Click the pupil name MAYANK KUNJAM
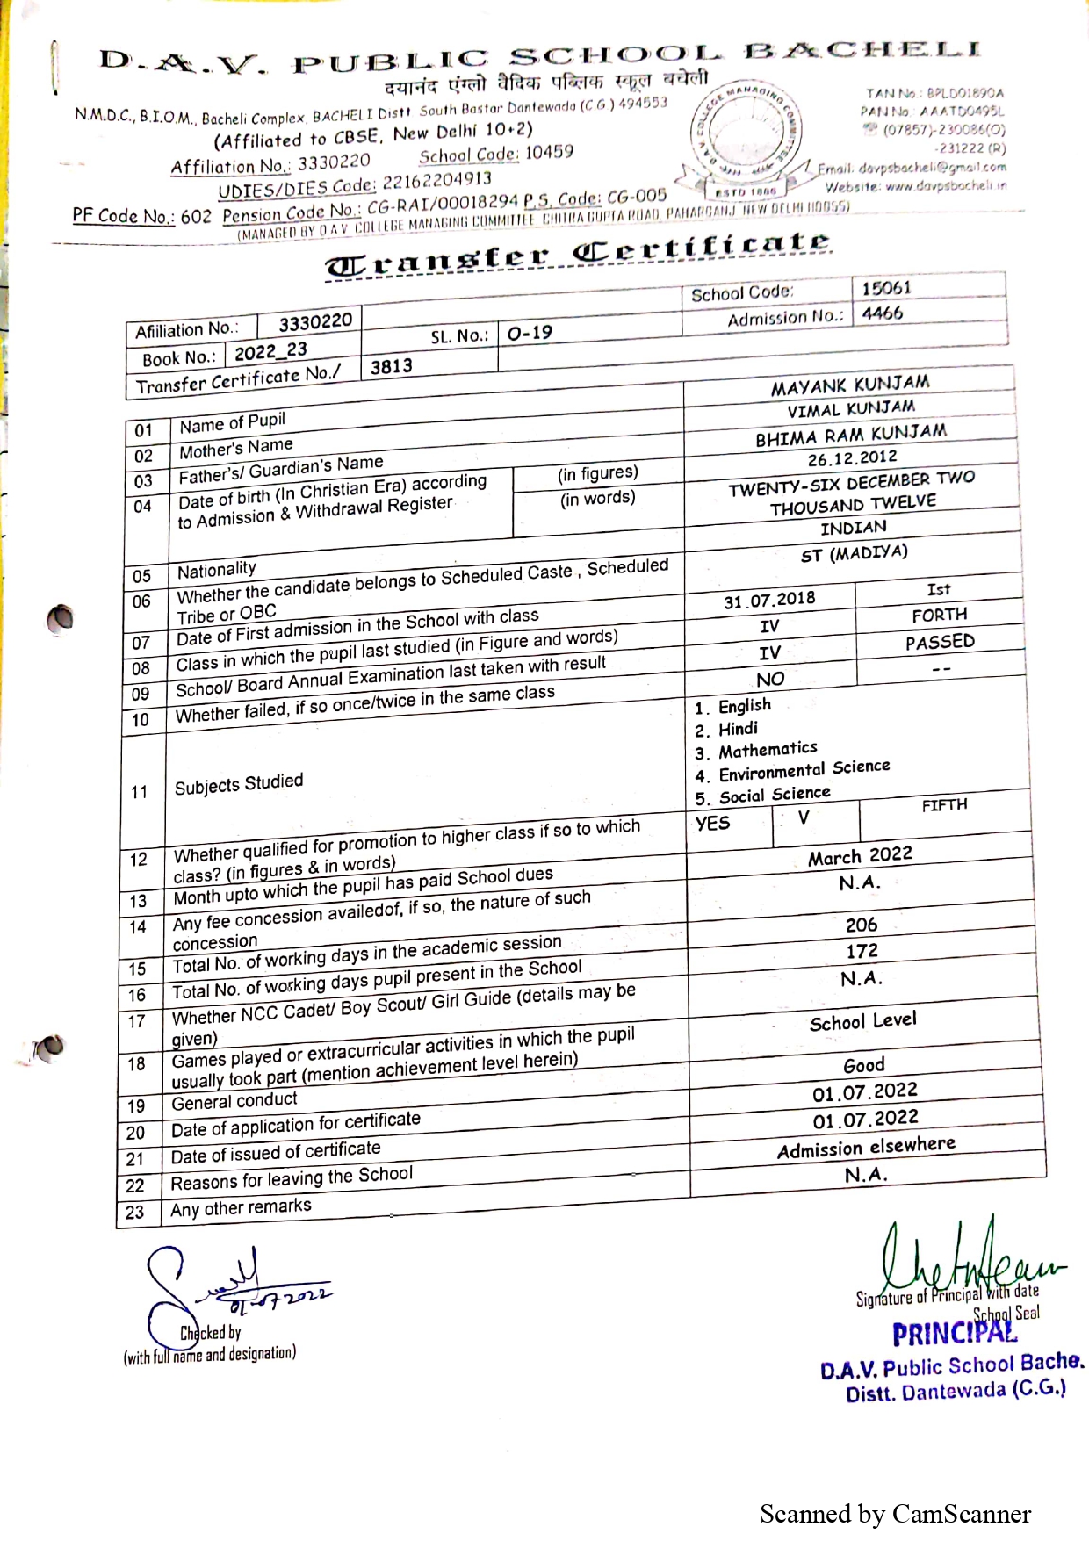click(x=849, y=385)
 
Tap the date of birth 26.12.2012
click(x=852, y=457)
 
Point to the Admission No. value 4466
click(x=882, y=313)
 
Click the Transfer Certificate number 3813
click(x=391, y=366)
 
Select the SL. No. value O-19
click(x=530, y=333)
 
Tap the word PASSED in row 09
click(x=940, y=642)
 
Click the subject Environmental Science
click(x=804, y=770)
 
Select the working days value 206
click(x=861, y=925)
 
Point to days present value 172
click(x=862, y=951)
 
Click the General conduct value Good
click(x=863, y=1065)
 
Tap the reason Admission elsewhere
click(x=866, y=1147)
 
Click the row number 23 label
click(x=134, y=1213)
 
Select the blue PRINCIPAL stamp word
click(x=954, y=1334)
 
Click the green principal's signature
click(x=966, y=1256)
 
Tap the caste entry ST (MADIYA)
click(x=854, y=554)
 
